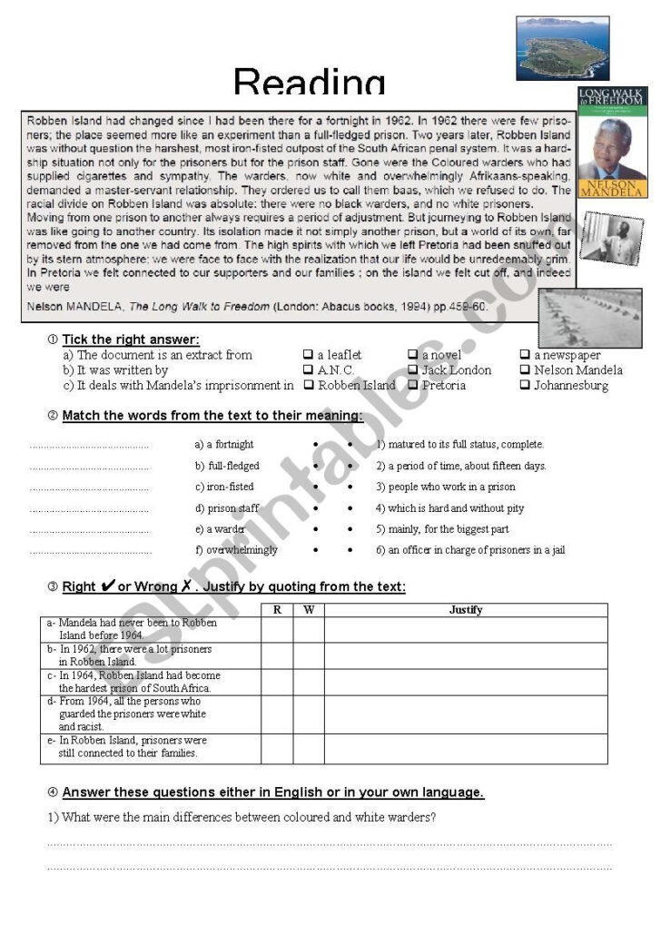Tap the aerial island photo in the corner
click(x=562, y=47)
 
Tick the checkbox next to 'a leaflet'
click(x=309, y=355)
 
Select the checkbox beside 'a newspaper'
click(x=525, y=355)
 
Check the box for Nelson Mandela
click(x=525, y=370)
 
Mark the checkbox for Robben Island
click(x=309, y=385)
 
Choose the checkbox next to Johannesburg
click(x=525, y=385)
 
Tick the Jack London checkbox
click(x=413, y=370)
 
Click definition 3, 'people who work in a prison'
click(x=445, y=487)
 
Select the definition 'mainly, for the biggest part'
click(x=442, y=529)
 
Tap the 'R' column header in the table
click(x=277, y=610)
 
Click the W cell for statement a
click(x=309, y=630)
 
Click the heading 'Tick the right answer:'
click(x=130, y=340)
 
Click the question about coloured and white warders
click(x=242, y=817)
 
